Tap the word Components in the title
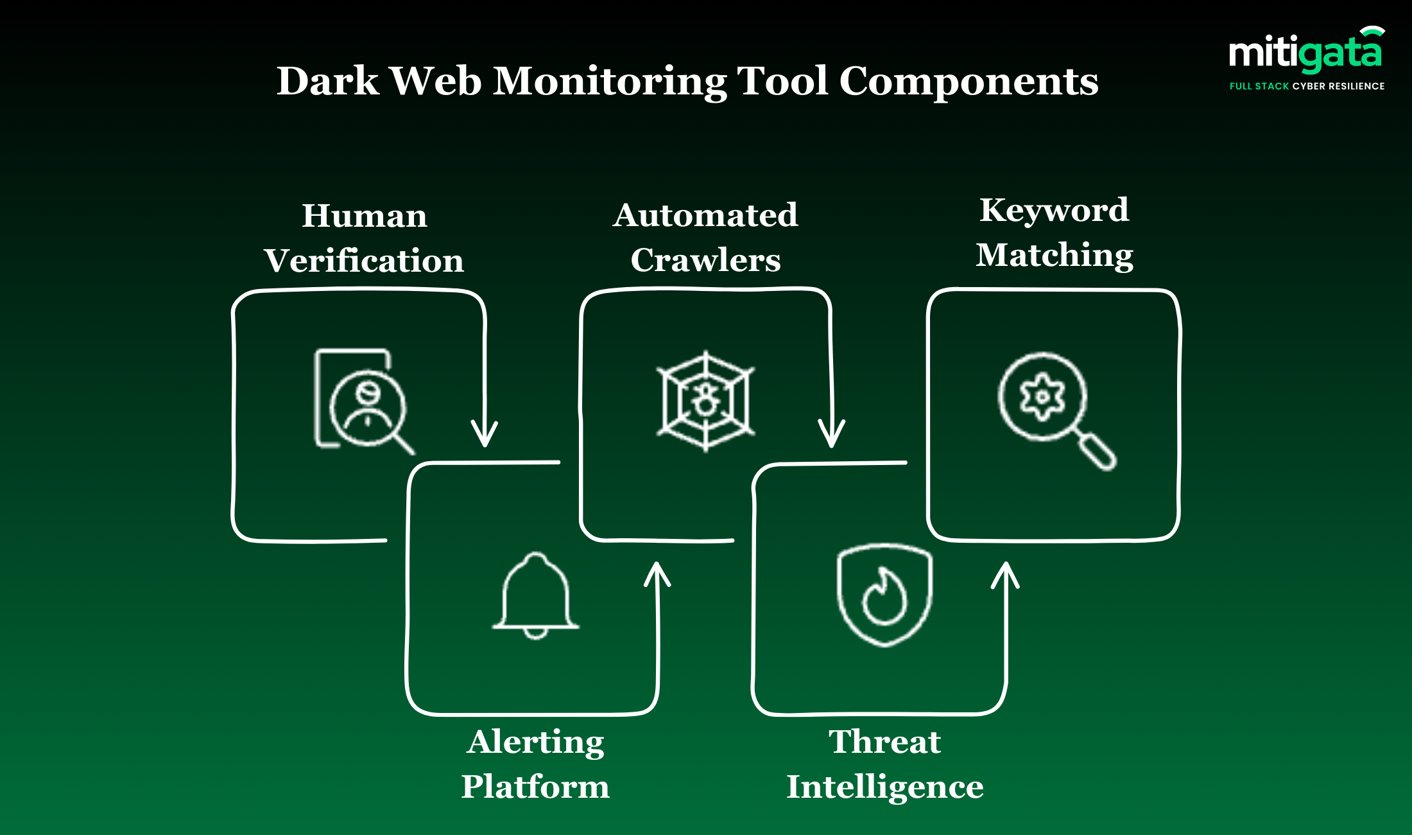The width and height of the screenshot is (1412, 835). point(969,82)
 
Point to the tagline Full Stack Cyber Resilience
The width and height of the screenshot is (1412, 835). point(1307,86)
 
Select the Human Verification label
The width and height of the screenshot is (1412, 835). point(364,238)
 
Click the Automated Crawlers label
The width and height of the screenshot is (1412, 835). point(705,237)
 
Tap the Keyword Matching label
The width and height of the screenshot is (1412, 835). point(1055,232)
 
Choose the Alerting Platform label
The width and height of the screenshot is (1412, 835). point(535,764)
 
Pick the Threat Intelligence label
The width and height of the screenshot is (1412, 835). point(885,764)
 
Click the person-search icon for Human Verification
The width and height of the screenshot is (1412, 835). point(363,401)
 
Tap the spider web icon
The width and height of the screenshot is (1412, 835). point(705,401)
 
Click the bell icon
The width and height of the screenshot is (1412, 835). point(535,595)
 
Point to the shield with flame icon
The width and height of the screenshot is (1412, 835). point(884,595)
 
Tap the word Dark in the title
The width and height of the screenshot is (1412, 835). point(327,82)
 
